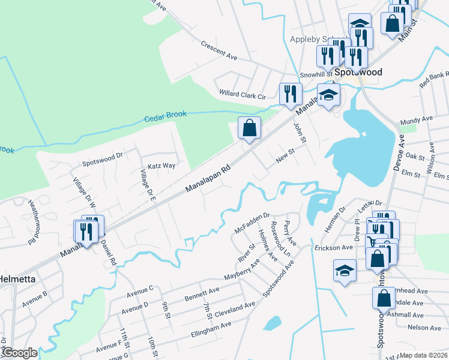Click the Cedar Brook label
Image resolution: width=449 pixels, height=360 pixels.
[x=165, y=115]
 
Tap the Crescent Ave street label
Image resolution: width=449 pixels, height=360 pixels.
[x=219, y=50]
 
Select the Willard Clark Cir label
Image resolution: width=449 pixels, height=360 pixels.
[x=243, y=95]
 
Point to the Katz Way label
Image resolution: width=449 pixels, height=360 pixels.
[x=161, y=165]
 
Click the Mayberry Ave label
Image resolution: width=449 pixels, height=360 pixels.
[x=241, y=271]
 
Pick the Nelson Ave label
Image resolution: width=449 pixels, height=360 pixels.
[x=424, y=328]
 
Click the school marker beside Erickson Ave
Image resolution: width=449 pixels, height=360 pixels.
[x=345, y=271]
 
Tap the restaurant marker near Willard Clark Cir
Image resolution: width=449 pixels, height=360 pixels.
[x=289, y=94]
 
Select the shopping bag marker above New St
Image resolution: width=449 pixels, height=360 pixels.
[x=249, y=128]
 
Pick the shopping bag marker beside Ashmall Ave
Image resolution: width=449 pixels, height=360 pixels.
[x=384, y=298]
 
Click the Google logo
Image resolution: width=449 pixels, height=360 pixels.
[x=19, y=353]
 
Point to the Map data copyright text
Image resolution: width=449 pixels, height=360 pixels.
[x=423, y=355]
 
